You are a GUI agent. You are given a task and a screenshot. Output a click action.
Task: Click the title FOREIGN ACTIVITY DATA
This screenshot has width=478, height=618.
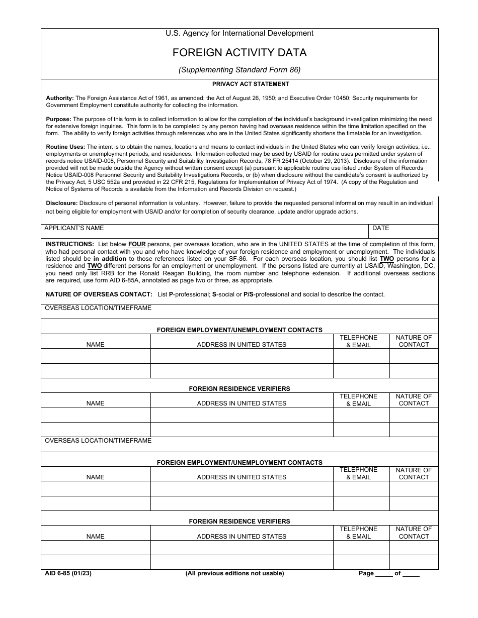[240, 53]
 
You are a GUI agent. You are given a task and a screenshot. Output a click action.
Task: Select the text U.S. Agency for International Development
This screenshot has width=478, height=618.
[240, 33]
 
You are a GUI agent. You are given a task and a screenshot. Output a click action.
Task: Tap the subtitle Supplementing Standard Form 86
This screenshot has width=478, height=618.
[240, 70]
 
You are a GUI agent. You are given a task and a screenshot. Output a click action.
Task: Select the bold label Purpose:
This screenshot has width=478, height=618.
[59, 120]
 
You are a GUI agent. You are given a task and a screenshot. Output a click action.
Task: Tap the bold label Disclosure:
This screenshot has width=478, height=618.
[62, 203]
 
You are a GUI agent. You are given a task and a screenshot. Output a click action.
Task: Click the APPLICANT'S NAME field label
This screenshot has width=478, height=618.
[74, 228]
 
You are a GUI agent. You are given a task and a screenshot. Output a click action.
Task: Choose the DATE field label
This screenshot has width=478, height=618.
[380, 228]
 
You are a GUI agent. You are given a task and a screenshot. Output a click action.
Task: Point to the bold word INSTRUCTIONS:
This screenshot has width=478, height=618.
[69, 244]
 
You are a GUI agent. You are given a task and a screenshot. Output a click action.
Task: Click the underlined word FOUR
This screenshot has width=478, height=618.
[137, 244]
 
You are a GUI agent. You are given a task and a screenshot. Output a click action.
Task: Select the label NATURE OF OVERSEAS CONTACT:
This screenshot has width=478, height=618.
[99, 294]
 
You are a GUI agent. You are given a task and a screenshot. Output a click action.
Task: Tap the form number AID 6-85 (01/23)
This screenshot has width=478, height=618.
[68, 573]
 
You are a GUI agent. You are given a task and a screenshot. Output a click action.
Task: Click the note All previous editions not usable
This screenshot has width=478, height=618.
[234, 573]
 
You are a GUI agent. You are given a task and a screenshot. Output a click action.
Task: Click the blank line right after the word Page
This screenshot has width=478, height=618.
[384, 574]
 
